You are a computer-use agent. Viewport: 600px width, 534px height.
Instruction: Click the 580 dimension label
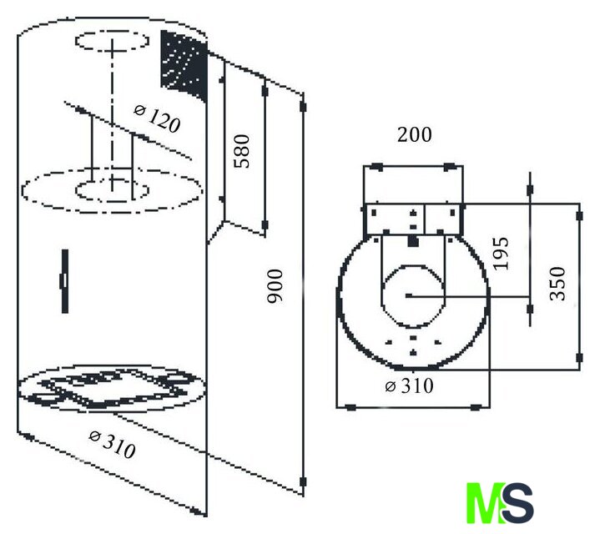242,151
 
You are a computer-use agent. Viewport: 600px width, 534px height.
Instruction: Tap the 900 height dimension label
275,286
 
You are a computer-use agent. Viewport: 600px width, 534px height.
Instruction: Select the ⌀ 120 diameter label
157,118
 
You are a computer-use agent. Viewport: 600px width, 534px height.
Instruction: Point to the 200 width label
415,134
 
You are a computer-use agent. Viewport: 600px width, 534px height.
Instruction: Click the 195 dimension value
501,254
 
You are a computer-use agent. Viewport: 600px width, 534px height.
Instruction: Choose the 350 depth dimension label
557,284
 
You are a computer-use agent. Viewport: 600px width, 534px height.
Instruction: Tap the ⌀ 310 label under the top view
410,385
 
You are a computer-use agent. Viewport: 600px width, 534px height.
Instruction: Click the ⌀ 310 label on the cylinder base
112,445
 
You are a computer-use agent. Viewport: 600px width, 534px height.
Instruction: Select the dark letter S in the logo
517,502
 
